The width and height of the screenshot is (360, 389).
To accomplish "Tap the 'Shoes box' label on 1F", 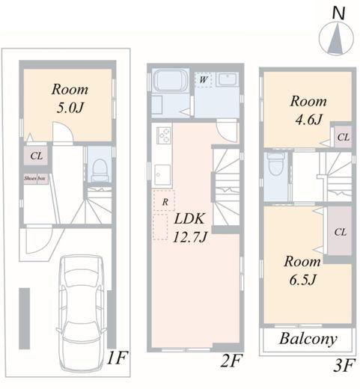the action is [35, 178].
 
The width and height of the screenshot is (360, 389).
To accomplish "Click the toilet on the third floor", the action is [275, 165].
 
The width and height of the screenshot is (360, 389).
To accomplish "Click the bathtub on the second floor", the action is [171, 80].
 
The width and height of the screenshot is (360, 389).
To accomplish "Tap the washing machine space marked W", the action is [204, 79].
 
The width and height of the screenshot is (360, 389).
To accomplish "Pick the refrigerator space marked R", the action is [164, 201].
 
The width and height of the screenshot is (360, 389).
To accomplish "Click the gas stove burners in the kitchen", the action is [164, 135].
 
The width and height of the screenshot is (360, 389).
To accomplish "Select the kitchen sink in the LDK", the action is [162, 174].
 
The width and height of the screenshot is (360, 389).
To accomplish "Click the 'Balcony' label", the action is [308, 340].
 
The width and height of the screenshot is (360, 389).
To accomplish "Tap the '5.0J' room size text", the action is [70, 108].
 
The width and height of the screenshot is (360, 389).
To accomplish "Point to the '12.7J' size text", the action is [189, 237].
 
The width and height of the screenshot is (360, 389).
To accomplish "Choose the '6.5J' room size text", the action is [303, 279].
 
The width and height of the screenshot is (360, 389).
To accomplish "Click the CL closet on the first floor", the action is [36, 156].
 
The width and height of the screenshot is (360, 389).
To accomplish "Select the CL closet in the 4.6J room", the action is [343, 137].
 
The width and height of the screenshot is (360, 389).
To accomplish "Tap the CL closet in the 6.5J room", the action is [340, 232].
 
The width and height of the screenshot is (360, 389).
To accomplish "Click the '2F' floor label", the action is [231, 361].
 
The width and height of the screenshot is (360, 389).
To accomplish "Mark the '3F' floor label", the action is [344, 366].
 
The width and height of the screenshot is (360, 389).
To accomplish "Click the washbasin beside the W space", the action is [228, 79].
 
